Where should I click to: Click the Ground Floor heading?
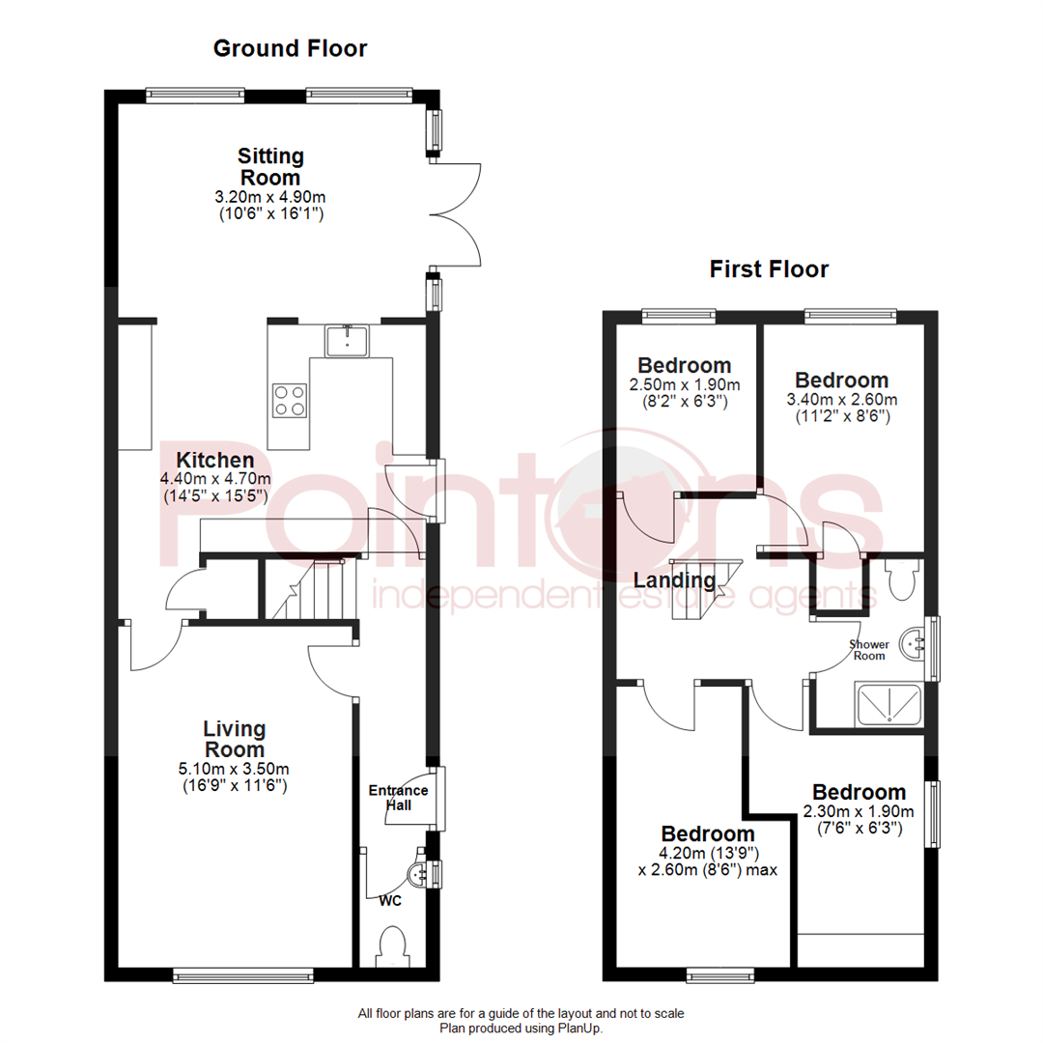point(290,48)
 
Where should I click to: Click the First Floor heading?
point(769,268)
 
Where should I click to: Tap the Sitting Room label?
point(270,167)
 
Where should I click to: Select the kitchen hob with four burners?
point(289,400)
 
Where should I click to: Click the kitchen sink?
point(346,340)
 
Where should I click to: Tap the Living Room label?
point(234,740)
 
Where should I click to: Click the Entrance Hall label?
point(397,798)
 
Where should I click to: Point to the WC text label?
point(391,900)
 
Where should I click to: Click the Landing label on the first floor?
point(675,580)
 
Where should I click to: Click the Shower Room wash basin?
point(913,641)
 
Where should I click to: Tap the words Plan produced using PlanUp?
point(521,1029)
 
